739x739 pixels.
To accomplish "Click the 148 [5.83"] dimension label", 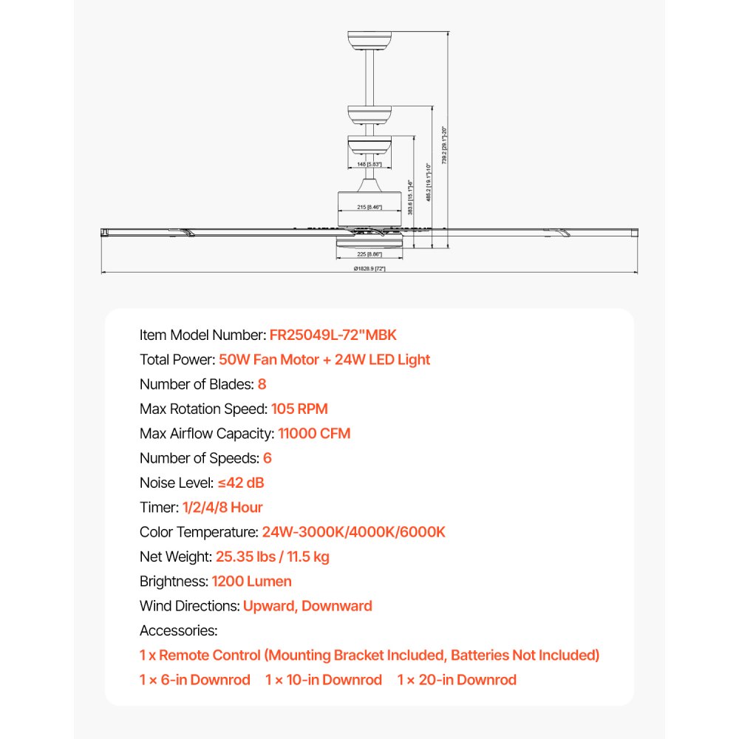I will pyautogui.click(x=369, y=165).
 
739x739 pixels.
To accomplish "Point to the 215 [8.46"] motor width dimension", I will pyautogui.click(x=369, y=208).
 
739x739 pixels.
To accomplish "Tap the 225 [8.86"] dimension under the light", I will pyautogui.click(x=369, y=254).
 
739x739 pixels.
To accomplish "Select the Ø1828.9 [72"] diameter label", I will pyautogui.click(x=369, y=269).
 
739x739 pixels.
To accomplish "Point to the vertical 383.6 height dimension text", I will pyautogui.click(x=409, y=197).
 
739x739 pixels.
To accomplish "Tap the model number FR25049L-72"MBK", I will pyautogui.click(x=333, y=335).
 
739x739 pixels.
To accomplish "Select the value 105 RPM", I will pyautogui.click(x=299, y=409).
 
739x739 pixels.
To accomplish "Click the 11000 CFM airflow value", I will pyautogui.click(x=314, y=433).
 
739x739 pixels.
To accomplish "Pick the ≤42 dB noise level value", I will pyautogui.click(x=240, y=483).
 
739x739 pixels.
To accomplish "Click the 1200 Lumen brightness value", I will pyautogui.click(x=251, y=581).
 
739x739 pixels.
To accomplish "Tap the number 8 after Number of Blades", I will pyautogui.click(x=262, y=384).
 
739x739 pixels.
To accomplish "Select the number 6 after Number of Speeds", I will pyautogui.click(x=267, y=458).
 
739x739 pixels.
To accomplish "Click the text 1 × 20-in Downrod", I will pyautogui.click(x=457, y=679).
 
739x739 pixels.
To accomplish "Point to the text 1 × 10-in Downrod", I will pyautogui.click(x=324, y=679).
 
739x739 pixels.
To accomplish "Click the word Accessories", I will pyautogui.click(x=178, y=630).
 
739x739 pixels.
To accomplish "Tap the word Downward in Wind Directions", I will pyautogui.click(x=337, y=606).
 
